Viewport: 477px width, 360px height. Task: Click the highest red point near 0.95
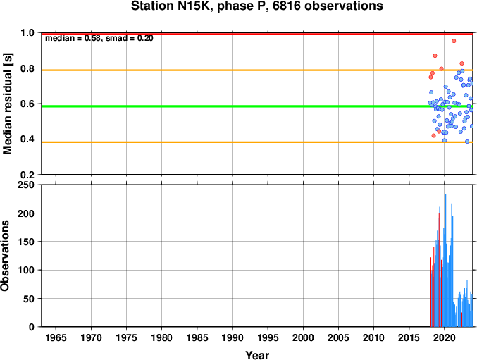454,41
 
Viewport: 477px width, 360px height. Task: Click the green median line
257,106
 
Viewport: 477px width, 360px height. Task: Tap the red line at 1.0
257,34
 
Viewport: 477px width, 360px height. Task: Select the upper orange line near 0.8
257,70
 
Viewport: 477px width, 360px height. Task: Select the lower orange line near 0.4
257,142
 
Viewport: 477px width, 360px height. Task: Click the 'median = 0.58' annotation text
73,38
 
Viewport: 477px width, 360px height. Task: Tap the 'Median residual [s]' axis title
7,104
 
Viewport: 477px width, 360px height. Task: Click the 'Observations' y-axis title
5,256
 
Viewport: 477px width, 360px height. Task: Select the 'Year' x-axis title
257,355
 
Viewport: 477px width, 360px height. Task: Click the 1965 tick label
56,337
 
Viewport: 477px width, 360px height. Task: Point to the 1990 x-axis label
233,337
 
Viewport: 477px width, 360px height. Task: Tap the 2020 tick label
444,337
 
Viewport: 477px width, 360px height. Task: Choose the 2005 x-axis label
338,337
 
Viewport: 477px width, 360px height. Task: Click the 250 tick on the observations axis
26,185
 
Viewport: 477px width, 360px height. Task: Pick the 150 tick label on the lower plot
26,242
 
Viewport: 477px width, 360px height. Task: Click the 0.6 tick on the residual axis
27,104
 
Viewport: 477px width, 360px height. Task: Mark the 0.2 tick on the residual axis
27,175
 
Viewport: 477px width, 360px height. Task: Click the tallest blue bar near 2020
446,260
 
